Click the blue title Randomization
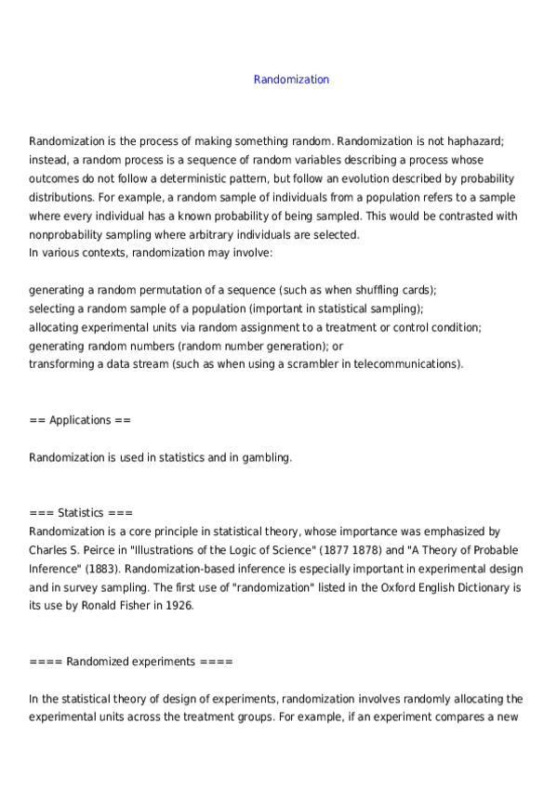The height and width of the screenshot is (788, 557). pos(291,80)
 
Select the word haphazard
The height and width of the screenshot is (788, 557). pos(472,141)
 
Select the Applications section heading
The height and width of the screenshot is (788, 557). pos(80,420)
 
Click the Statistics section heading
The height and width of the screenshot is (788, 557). pos(81,513)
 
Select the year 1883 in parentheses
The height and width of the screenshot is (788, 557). pos(110,569)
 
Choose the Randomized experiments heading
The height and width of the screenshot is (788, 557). pos(131,662)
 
